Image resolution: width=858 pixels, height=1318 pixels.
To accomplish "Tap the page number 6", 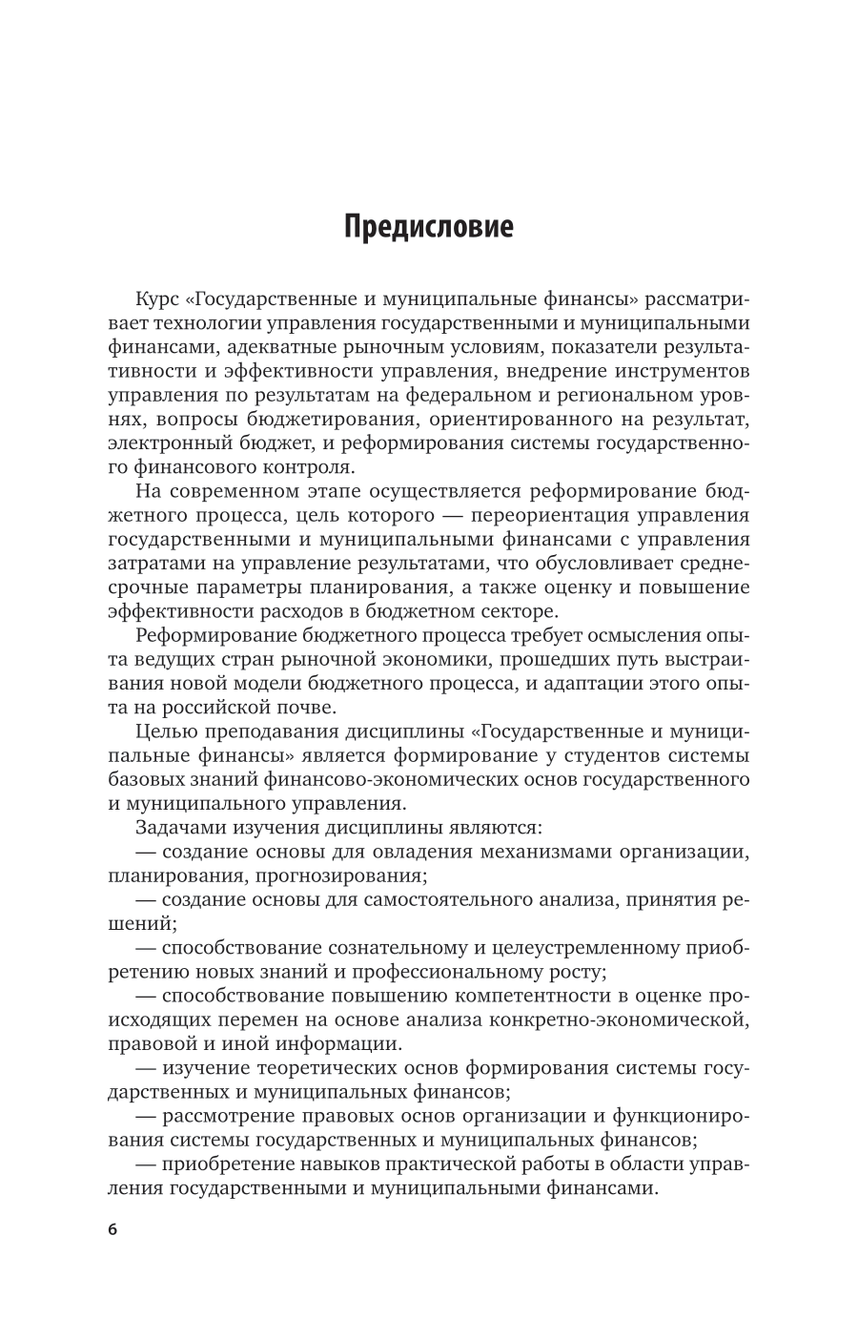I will pyautogui.click(x=112, y=1229).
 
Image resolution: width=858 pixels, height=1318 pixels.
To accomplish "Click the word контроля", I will pyautogui.click(x=313, y=467).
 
